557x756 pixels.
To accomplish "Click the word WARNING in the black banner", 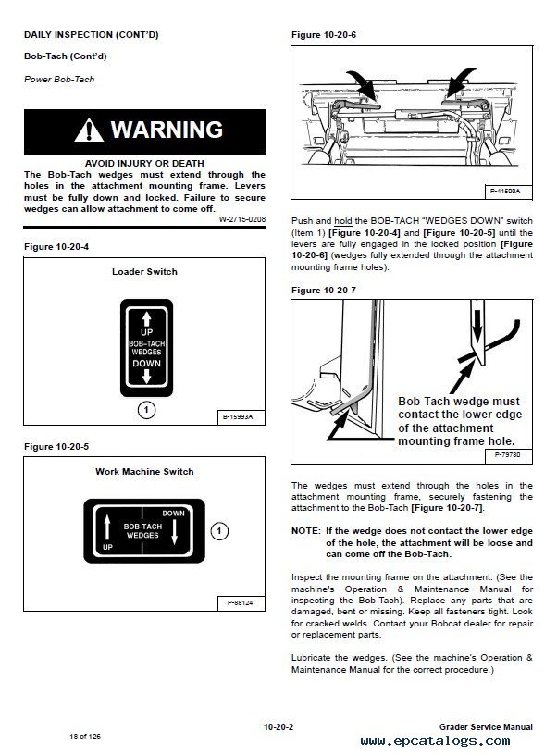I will click(x=167, y=130).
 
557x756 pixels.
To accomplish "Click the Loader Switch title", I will click(x=144, y=272).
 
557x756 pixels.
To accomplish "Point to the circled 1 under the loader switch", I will click(x=144, y=409).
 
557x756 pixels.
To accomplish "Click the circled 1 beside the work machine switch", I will click(x=218, y=531).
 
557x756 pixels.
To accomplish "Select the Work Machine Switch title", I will click(x=144, y=471).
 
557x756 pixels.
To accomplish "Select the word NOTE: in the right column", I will click(x=305, y=530).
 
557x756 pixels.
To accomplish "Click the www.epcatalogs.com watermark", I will click(x=448, y=741).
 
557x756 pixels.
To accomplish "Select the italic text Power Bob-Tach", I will click(x=59, y=80).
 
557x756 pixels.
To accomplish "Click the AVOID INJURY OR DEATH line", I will click(x=144, y=163).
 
